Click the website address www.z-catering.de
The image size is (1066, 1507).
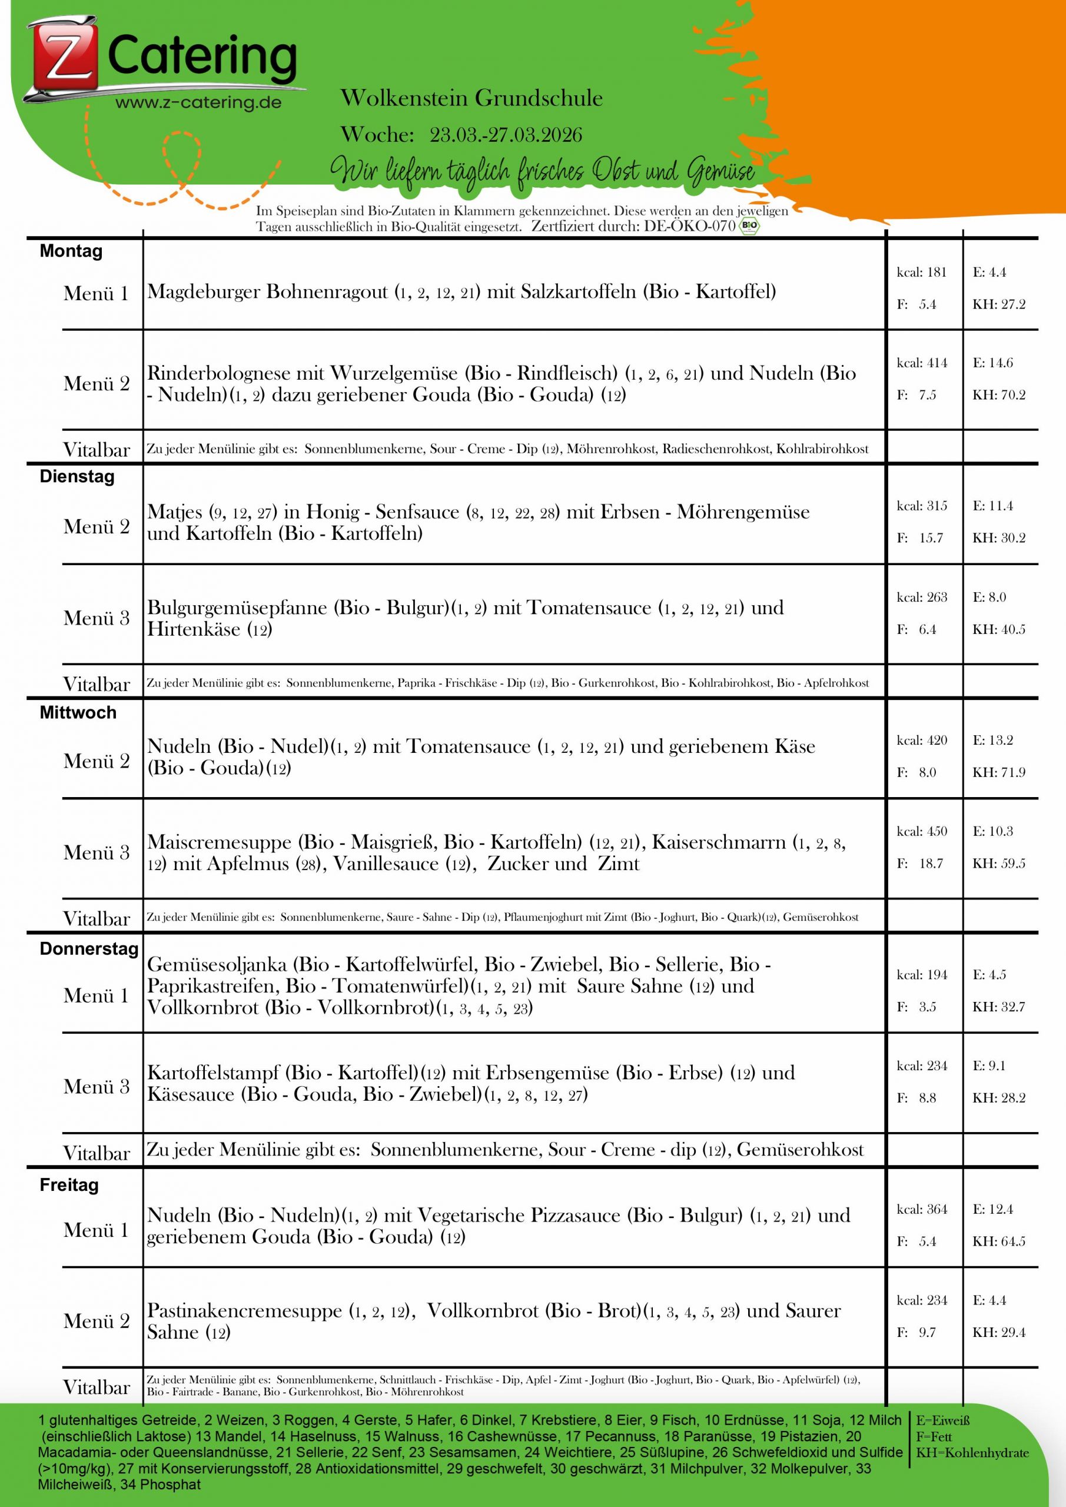(198, 103)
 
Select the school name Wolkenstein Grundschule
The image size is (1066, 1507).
(471, 98)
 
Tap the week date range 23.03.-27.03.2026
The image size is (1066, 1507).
(506, 135)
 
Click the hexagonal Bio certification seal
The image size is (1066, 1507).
(749, 227)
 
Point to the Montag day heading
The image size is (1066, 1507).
(71, 251)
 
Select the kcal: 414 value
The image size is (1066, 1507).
(922, 363)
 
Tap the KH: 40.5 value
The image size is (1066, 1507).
(998, 629)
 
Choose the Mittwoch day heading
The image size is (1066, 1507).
(78, 713)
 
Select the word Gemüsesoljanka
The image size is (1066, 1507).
(217, 965)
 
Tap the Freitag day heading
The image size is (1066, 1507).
(69, 1186)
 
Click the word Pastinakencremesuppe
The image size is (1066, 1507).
(245, 1312)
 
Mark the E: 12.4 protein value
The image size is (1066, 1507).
(993, 1210)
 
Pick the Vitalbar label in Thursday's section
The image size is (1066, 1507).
(97, 1153)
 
